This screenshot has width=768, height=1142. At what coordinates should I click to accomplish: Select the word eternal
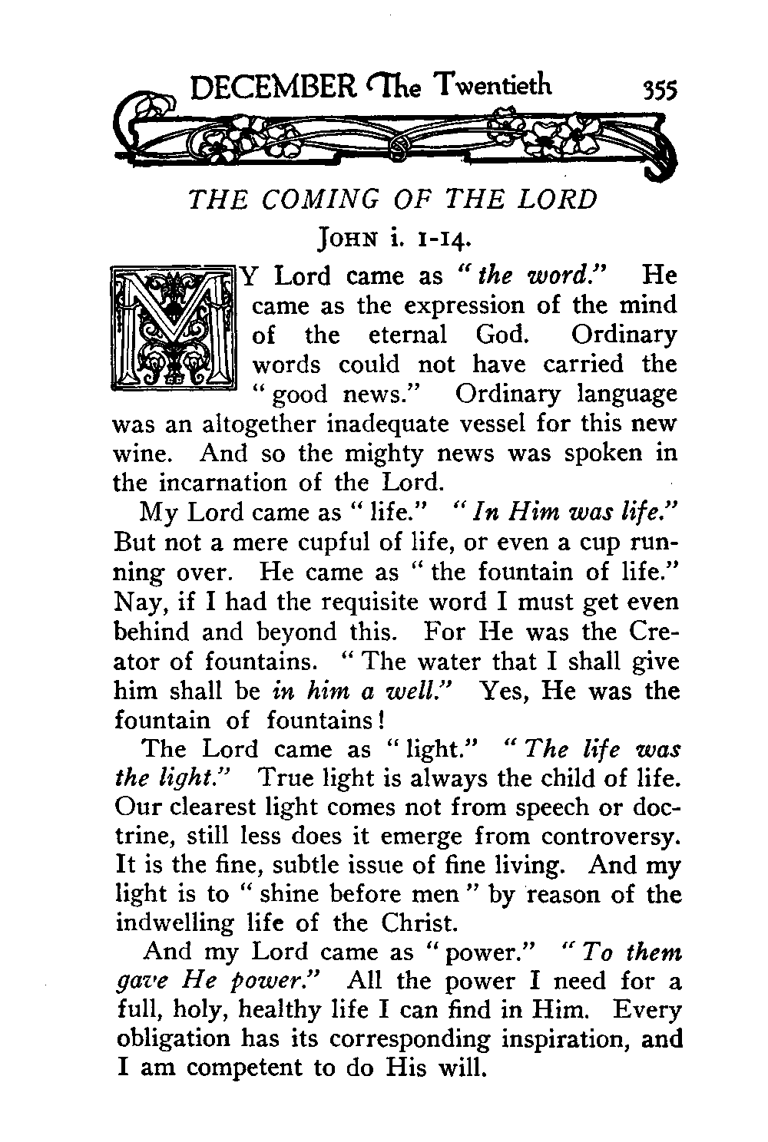pyautogui.click(x=406, y=335)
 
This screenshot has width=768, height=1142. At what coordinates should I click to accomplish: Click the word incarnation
pyautogui.click(x=234, y=483)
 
